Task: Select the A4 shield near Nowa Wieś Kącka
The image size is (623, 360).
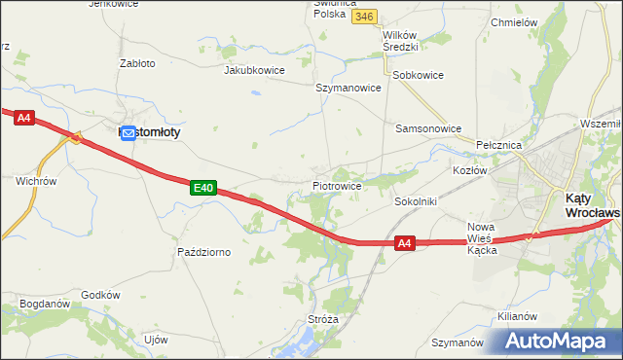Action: click(406, 245)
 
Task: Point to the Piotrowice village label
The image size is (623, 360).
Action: click(338, 185)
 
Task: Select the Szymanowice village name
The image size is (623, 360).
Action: click(348, 87)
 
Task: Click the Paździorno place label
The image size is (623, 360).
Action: click(203, 252)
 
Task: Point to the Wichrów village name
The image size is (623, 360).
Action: click(37, 181)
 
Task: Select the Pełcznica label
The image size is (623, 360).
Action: click(500, 144)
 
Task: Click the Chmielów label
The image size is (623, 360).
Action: click(515, 21)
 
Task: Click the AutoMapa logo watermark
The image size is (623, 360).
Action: click(554, 342)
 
